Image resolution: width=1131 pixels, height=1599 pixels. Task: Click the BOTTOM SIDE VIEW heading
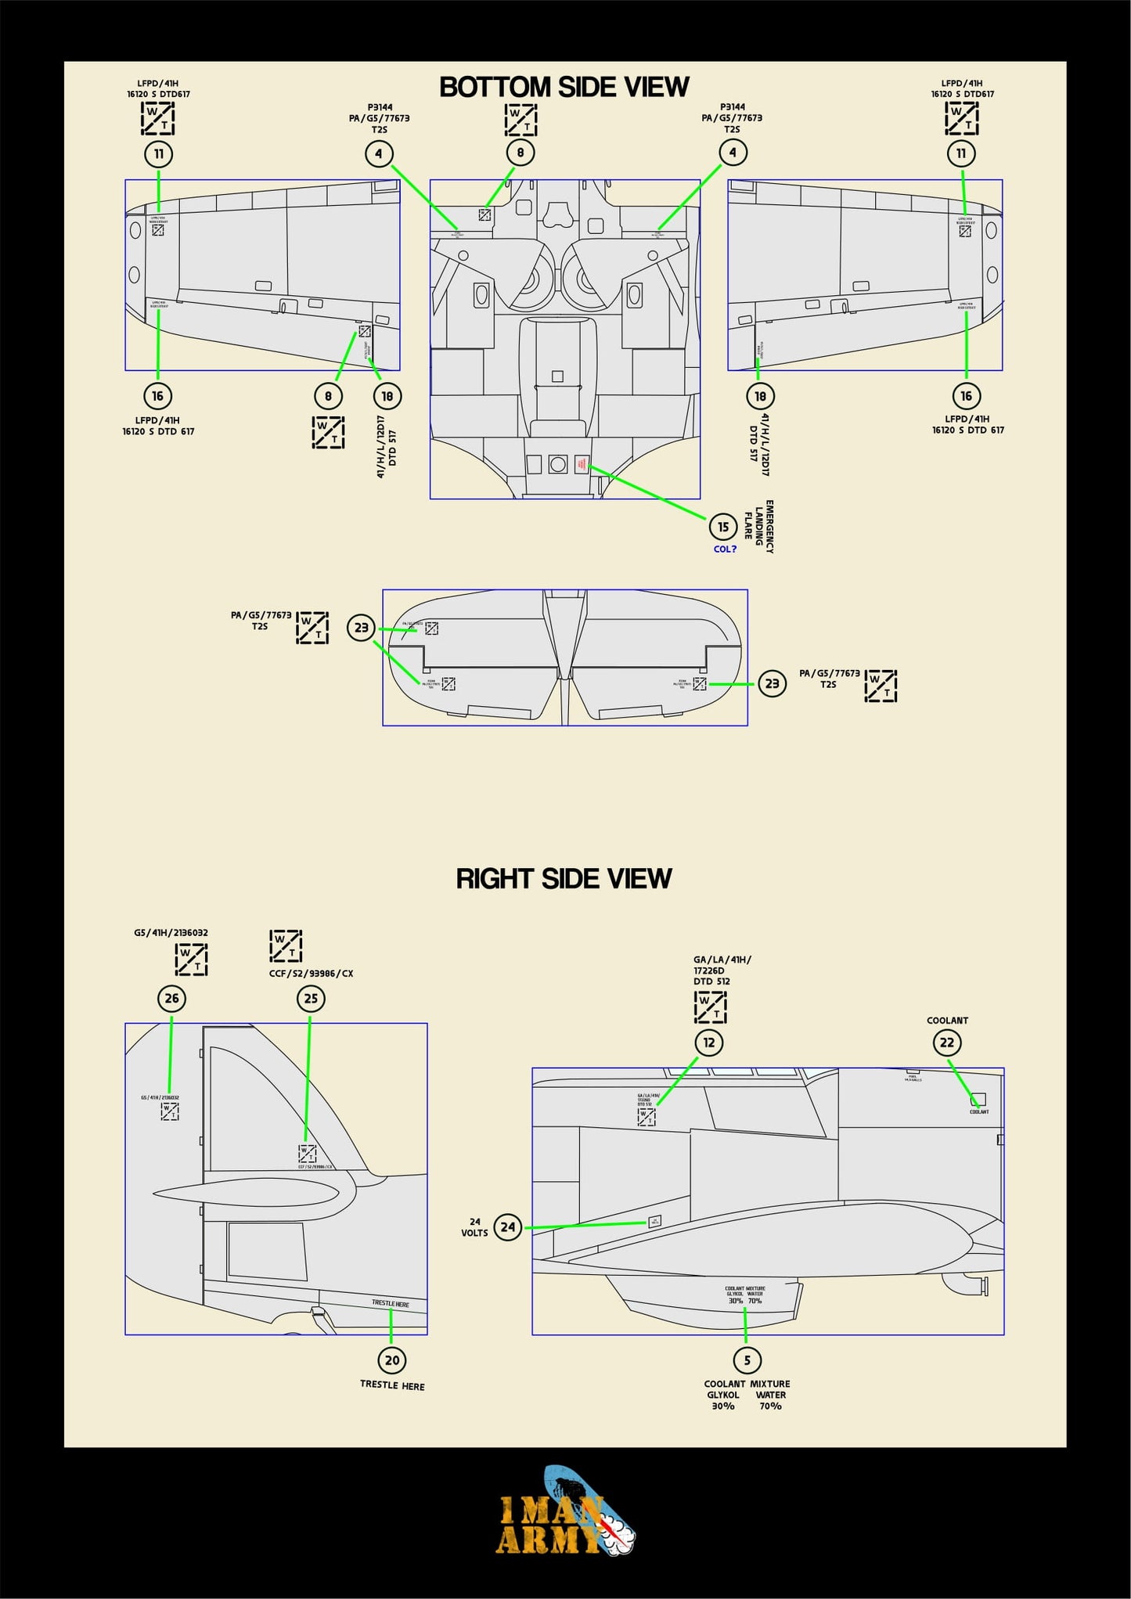[564, 87]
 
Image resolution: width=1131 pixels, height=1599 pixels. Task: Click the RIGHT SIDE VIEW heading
[564, 878]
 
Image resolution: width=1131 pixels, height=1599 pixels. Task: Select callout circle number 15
[723, 527]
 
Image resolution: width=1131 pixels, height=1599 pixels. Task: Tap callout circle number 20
[392, 1360]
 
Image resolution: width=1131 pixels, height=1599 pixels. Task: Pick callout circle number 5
[747, 1360]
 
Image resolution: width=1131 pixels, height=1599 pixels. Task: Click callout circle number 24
[508, 1227]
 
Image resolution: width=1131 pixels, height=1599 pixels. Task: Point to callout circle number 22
[947, 1043]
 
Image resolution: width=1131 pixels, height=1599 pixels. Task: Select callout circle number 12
[709, 1043]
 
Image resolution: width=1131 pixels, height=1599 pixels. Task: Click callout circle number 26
[171, 998]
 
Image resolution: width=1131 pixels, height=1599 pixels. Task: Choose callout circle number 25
[311, 999]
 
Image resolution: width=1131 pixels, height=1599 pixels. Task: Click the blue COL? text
[725, 549]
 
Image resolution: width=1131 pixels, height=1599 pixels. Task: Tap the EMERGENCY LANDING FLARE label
[758, 527]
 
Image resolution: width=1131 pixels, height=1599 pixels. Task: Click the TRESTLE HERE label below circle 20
[392, 1385]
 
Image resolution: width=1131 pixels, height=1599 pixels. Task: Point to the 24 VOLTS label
[474, 1227]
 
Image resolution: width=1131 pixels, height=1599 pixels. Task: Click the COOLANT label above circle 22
[947, 1021]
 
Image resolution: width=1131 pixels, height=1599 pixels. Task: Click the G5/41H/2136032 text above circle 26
[171, 933]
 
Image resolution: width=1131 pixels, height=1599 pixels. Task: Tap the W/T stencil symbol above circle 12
[710, 1007]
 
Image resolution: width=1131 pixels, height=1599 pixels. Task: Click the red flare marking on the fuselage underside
[581, 464]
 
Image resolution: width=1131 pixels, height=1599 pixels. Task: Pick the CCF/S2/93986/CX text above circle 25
[311, 974]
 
